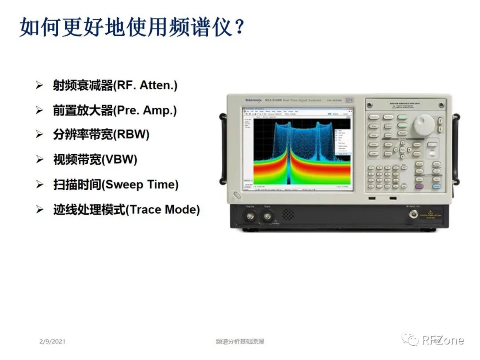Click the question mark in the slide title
239,28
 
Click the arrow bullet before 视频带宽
40,160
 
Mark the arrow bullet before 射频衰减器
40,85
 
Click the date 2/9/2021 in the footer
52,341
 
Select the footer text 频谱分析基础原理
240,341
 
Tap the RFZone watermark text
443,340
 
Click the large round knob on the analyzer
423,124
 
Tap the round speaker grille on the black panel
288,215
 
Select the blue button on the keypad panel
436,187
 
